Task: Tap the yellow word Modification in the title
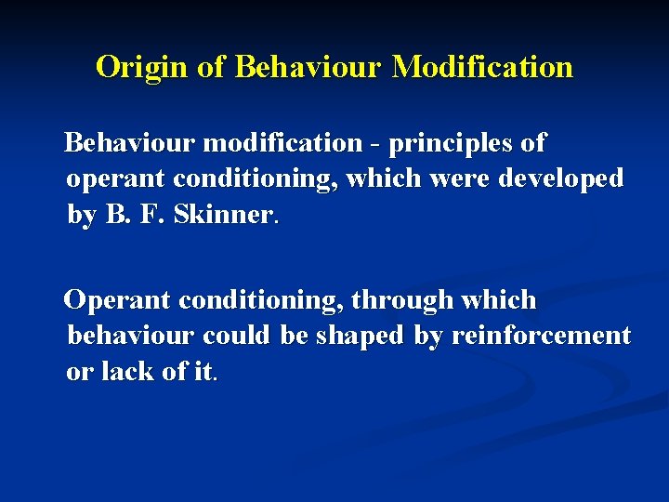482,68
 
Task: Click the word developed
560,178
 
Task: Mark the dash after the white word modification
375,145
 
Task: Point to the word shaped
361,336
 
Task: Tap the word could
236,336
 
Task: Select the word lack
124,371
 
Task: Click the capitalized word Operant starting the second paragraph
117,301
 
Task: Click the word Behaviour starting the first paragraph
129,144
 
